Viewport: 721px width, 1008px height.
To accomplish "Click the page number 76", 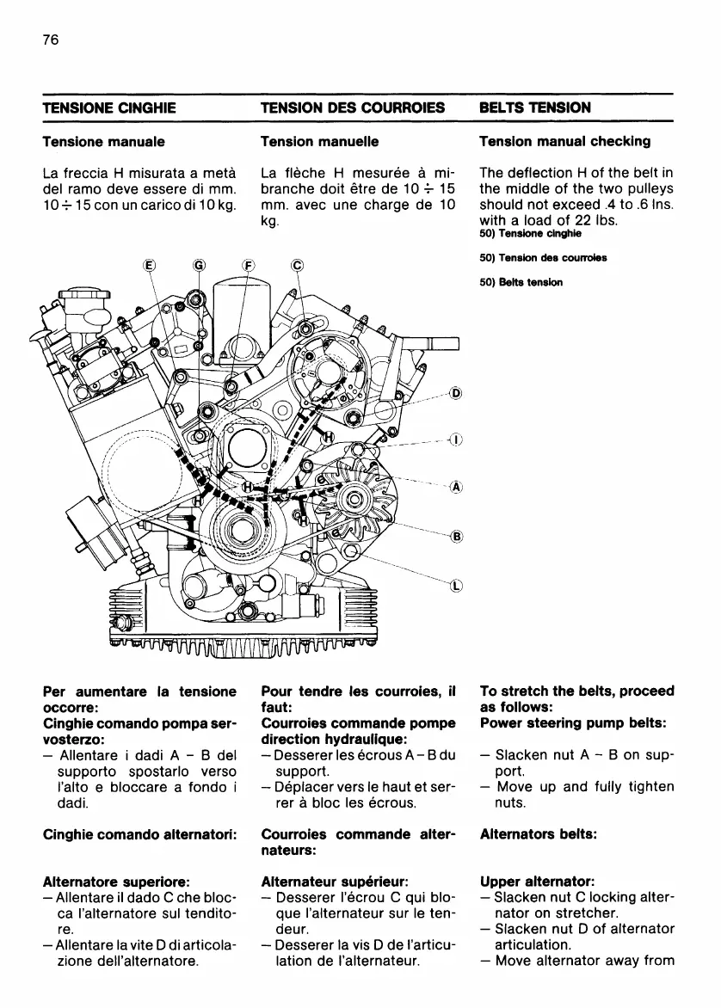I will point(49,40).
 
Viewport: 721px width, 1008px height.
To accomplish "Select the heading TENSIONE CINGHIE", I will point(109,108).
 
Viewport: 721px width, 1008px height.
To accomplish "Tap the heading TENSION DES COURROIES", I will point(353,108).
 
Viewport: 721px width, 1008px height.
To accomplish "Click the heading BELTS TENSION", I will point(535,108).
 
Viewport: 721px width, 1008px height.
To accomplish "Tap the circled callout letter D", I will point(456,395).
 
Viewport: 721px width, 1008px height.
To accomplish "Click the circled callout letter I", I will point(456,440).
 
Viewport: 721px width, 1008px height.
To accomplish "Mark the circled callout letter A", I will point(456,487).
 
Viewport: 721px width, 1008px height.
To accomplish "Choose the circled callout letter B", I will point(456,537).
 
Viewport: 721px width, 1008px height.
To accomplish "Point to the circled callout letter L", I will point(456,587).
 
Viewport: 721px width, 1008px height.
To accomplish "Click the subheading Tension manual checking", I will point(564,141).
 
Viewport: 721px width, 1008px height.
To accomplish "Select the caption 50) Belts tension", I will point(521,281).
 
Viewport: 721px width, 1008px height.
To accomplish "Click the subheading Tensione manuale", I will point(104,141).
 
